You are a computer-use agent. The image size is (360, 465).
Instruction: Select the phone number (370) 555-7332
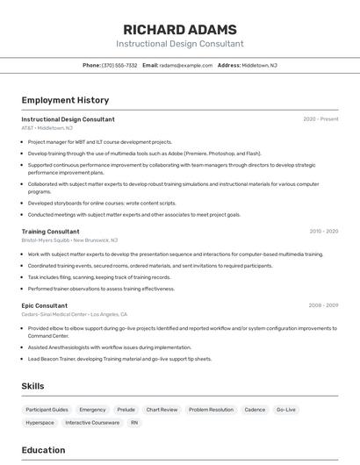pos(120,65)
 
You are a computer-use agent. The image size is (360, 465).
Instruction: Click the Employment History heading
pos(65,100)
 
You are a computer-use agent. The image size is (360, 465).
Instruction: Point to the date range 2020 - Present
pos(320,119)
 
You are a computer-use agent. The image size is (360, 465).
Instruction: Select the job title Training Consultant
pos(50,232)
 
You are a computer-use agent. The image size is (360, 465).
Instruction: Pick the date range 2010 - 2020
pos(323,232)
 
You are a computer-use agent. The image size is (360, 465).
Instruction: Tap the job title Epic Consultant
pos(44,305)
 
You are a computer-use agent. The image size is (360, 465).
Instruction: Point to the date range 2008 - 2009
pos(323,305)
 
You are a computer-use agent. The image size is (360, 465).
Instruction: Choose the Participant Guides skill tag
pos(47,410)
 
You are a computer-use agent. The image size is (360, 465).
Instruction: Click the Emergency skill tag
pos(92,410)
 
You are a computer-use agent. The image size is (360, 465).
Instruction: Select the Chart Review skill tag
pos(162,410)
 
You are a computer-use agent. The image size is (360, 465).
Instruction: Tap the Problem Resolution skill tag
pos(211,410)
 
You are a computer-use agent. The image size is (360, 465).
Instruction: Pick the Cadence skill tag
pos(255,410)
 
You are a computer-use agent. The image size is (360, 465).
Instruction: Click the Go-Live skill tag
pos(286,410)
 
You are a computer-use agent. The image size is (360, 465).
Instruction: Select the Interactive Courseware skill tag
pos(92,423)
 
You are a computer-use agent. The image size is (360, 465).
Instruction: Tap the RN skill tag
pos(134,423)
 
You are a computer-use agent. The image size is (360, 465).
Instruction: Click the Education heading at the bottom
pos(43,450)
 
